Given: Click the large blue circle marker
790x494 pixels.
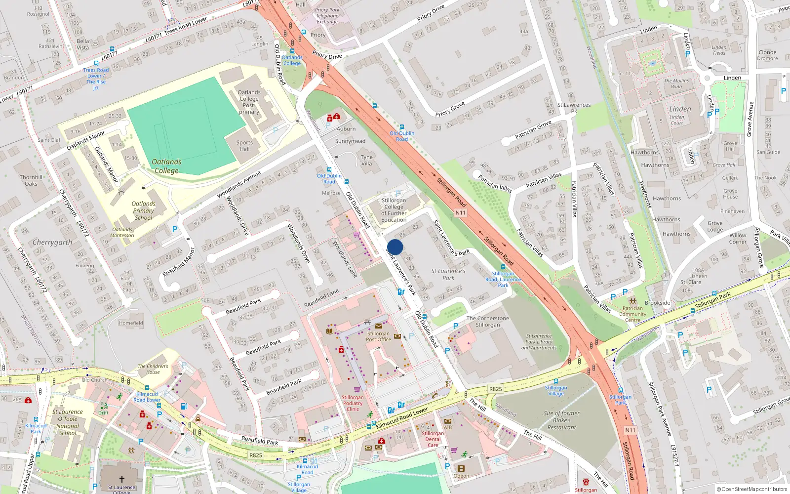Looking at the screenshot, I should (x=395, y=247).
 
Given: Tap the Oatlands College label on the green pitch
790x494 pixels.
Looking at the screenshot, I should (x=166, y=166).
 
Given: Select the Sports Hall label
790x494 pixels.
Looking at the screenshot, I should (x=244, y=146).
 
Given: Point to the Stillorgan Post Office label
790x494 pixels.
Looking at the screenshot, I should (x=378, y=336).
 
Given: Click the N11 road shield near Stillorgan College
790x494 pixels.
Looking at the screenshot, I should (x=460, y=213).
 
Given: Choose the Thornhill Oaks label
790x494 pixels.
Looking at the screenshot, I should (x=31, y=180).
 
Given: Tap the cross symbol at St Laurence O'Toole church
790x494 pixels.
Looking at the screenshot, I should (x=122, y=479).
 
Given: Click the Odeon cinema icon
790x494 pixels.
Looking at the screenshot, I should (x=461, y=468).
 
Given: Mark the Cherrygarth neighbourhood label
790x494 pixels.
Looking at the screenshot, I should (x=52, y=243).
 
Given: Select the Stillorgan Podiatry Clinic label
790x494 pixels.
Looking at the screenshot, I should (x=353, y=403).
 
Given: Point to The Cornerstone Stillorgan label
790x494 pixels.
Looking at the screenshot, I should (x=487, y=322).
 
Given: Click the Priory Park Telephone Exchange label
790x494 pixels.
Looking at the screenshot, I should (x=327, y=16).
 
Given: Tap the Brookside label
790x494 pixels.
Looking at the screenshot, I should (x=657, y=303).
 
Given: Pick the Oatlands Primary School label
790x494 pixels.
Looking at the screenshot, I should (x=143, y=210).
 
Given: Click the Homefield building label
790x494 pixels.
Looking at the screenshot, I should (x=131, y=323).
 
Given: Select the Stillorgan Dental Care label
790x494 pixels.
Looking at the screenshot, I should (x=433, y=439).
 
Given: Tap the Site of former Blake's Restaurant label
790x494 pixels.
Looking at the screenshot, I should (x=561, y=420).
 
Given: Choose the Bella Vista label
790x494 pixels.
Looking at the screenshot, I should (x=83, y=44).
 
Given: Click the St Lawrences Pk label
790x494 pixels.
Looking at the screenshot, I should (x=574, y=108).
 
